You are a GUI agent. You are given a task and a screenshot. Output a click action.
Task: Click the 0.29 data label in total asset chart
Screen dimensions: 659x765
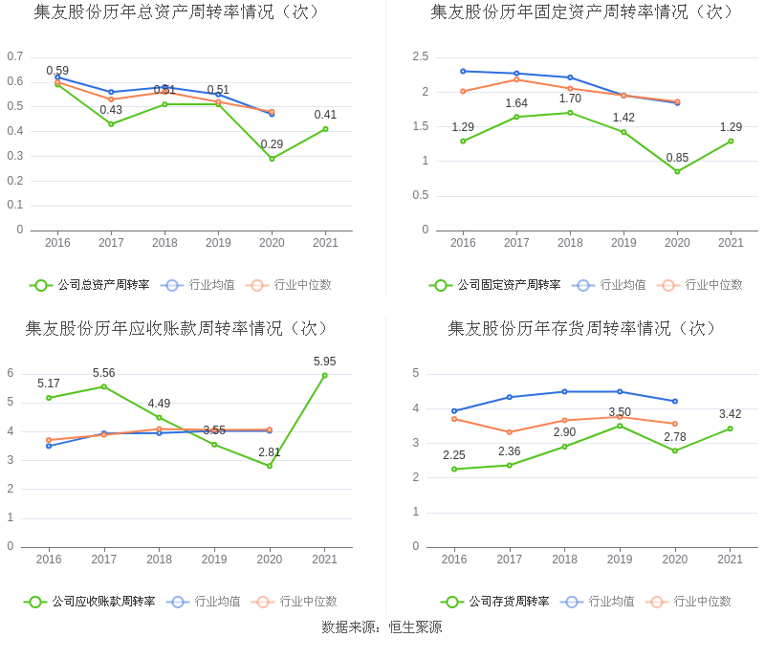coord(272,145)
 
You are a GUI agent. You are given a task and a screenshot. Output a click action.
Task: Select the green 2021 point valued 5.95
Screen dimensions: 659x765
coord(324,375)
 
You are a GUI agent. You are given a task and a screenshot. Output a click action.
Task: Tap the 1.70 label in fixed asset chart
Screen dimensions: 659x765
coord(570,99)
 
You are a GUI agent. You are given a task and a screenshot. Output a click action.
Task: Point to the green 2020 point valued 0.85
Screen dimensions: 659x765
coord(677,171)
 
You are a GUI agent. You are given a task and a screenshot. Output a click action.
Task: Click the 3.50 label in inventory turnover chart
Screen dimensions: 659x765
coord(620,412)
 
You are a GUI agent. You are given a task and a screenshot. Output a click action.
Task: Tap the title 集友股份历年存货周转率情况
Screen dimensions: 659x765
coord(582,328)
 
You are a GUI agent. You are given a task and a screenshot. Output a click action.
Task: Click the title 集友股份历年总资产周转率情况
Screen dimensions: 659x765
coord(177,11)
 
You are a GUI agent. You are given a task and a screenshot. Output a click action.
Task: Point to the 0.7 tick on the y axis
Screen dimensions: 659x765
coord(15,56)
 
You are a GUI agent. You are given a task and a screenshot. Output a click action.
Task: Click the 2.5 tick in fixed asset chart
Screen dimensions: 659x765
coord(420,56)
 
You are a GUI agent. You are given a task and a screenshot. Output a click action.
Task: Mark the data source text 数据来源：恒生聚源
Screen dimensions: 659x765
coord(382,627)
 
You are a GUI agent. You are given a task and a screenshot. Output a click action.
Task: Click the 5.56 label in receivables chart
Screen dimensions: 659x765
coord(104,373)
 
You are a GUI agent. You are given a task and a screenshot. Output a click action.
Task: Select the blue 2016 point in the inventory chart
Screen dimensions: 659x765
coord(454,411)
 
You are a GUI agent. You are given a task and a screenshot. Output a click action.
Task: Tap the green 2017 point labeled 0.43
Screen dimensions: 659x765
coord(111,123)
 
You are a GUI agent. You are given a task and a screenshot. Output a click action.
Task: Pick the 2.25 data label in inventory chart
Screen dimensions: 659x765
coord(454,455)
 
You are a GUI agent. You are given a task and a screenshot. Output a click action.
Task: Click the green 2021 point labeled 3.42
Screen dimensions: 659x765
coord(730,428)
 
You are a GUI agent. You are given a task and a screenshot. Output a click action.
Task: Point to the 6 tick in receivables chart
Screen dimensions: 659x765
coord(11,373)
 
